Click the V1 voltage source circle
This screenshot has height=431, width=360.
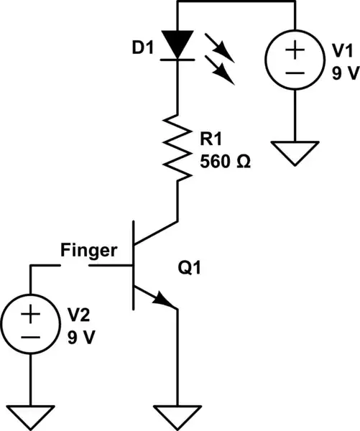click(x=295, y=62)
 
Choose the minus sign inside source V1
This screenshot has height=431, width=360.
click(x=295, y=75)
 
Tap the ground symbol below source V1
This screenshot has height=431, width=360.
click(x=295, y=153)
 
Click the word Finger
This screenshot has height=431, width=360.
click(x=88, y=251)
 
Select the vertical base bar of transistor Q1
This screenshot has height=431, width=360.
click(x=134, y=266)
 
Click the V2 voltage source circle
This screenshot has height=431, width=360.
click(x=31, y=325)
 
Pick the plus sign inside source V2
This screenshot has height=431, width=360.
click(x=31, y=313)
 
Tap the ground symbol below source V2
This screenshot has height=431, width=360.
click(x=31, y=414)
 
